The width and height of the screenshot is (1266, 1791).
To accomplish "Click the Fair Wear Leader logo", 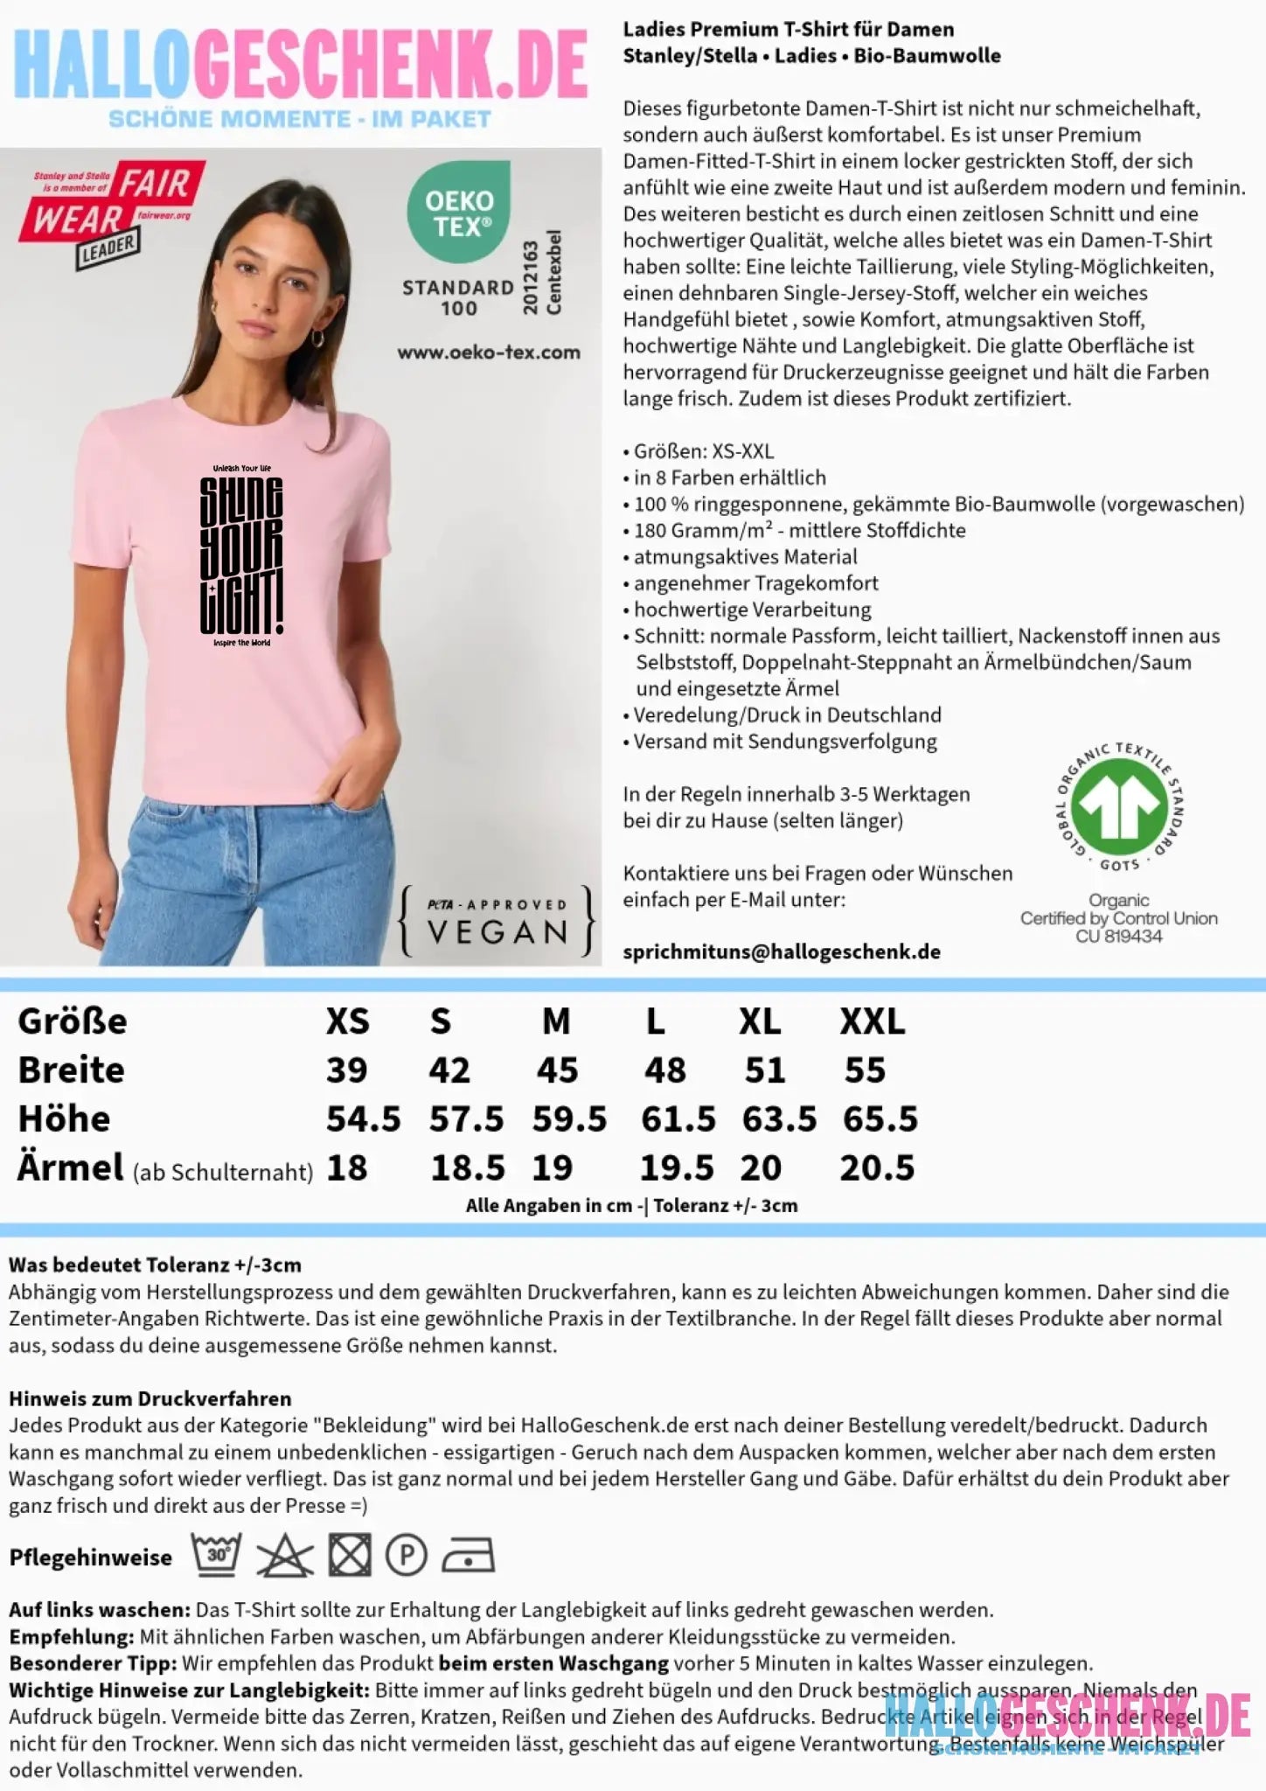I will (112, 210).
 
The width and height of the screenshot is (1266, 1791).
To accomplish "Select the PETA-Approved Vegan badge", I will (497, 920).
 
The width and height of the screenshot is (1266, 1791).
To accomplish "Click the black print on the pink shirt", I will (241, 555).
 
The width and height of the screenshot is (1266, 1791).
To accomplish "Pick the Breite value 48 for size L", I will (664, 1070).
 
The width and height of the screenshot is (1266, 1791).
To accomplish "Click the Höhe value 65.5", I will (880, 1119).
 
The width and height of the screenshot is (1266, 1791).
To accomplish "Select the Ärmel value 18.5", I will (467, 1167).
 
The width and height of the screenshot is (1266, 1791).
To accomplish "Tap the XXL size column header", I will (872, 1021).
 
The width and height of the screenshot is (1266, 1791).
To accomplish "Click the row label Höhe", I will (64, 1119).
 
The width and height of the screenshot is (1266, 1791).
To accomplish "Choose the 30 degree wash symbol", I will (216, 1555).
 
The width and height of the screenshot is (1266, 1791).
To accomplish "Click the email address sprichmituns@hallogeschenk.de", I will (781, 951).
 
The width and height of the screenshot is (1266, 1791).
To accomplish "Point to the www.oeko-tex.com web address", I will (488, 352).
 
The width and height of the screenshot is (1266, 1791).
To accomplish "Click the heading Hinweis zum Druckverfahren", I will (150, 1398).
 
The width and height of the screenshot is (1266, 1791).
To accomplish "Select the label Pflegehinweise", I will (90, 1558).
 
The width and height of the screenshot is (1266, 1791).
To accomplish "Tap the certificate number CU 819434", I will (1118, 937).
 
